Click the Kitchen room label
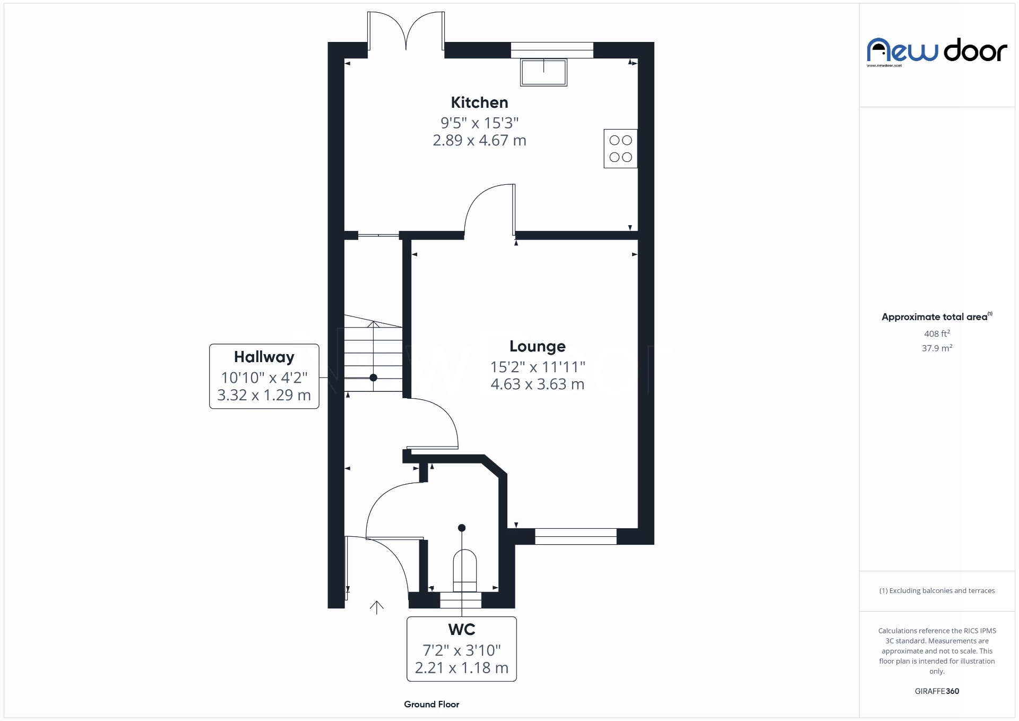[479, 102]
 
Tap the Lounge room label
[537, 346]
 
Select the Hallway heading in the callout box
[264, 357]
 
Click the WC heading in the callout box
[461, 629]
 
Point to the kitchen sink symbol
[543, 72]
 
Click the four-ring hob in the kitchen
[620, 149]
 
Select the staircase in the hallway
[373, 356]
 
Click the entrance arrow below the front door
[376, 607]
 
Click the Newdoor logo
[937, 51]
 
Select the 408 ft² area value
[937, 333]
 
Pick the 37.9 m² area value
[937, 348]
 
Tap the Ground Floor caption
[431, 704]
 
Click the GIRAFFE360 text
[937, 691]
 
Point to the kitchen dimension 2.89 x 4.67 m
[479, 141]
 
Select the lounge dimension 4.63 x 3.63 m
[537, 384]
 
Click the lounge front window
[575, 536]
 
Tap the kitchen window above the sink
[552, 50]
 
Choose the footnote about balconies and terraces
[937, 590]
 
